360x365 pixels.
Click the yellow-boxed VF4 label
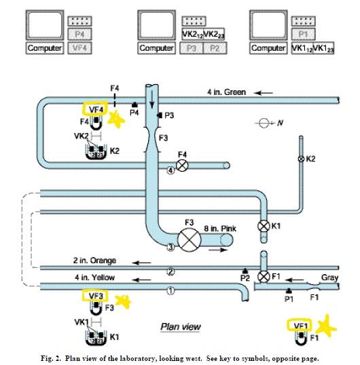95,109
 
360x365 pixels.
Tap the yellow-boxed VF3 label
96,296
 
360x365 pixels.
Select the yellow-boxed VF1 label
300,326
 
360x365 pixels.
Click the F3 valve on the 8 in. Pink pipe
190,240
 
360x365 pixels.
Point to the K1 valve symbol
264,226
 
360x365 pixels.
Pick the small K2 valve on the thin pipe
301,159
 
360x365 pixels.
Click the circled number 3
170,247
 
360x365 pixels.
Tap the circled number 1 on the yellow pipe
170,291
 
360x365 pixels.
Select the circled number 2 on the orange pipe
170,271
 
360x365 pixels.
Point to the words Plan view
181,326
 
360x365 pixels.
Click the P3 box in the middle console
192,48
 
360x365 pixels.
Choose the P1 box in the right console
304,34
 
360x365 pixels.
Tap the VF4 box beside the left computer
79,48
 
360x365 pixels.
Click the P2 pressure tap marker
245,271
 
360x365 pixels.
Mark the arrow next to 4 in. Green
264,93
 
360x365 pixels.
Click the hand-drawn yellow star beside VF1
326,326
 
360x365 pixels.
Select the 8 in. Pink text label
220,229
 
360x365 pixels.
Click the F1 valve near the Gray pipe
264,277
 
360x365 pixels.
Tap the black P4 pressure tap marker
134,105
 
